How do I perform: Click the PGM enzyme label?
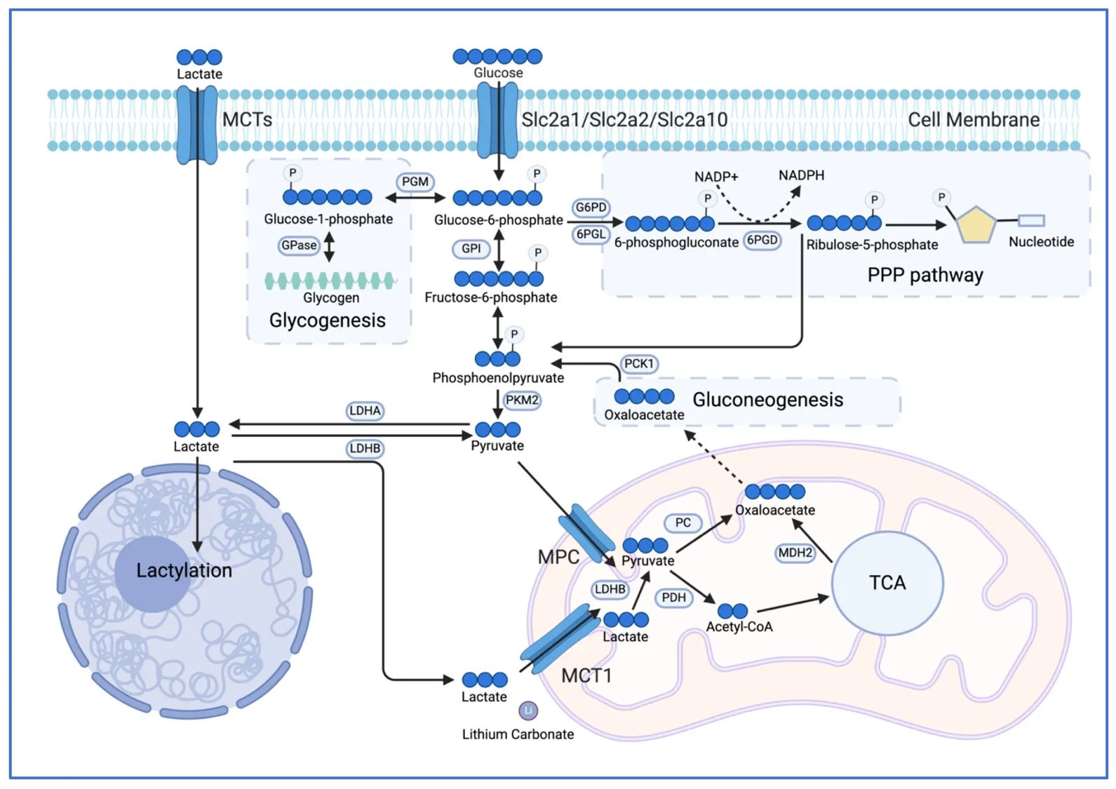click(415, 182)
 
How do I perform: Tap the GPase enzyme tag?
click(299, 245)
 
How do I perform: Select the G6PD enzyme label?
click(591, 208)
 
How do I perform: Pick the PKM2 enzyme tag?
click(522, 400)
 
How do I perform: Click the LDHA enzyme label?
click(365, 410)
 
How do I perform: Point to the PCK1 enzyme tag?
click(638, 363)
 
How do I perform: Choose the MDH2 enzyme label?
click(795, 553)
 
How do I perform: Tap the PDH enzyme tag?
click(673, 598)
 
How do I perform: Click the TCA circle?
click(887, 583)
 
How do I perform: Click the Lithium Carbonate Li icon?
click(528, 710)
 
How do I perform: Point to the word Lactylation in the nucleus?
click(184, 570)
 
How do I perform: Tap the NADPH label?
click(801, 175)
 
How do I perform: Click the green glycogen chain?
click(330, 281)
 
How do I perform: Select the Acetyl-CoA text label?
click(739, 627)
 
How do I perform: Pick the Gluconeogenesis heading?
click(767, 400)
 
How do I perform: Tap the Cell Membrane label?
click(974, 120)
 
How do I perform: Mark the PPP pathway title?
click(925, 275)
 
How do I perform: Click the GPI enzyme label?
click(471, 248)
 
